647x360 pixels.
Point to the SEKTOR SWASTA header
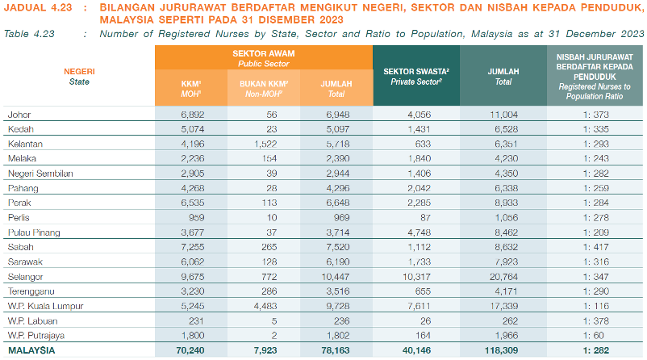point(416,76)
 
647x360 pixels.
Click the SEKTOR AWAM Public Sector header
point(264,57)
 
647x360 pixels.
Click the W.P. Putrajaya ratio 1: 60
point(596,335)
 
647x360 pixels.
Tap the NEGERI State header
point(79,76)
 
